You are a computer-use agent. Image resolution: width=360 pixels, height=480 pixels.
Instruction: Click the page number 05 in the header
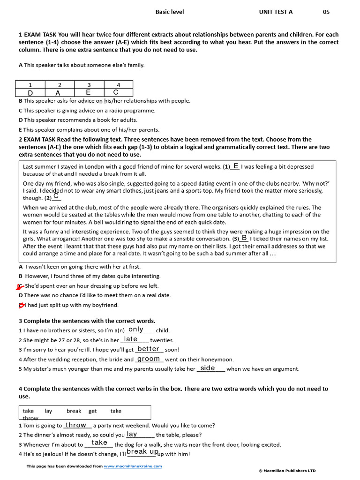[326, 12]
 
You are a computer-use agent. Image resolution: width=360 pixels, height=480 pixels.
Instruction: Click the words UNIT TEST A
[276, 12]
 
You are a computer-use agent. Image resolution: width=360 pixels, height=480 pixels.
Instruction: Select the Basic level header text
[170, 12]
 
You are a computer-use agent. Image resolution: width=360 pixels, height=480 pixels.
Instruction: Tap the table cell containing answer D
[30, 93]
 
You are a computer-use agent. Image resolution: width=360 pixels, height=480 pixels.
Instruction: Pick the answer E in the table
[88, 92]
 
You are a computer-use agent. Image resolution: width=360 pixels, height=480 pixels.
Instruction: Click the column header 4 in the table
[118, 85]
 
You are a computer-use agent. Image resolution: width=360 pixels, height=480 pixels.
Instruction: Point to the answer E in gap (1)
[236, 166]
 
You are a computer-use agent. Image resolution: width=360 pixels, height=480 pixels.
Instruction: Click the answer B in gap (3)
[244, 238]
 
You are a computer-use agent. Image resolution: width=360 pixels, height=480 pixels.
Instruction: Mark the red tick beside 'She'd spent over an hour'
[20, 286]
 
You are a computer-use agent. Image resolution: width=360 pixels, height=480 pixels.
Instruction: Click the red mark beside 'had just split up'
[22, 305]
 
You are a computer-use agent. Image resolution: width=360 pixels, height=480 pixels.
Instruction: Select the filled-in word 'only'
[135, 330]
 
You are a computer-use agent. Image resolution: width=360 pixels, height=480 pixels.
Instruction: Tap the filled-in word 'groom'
[149, 359]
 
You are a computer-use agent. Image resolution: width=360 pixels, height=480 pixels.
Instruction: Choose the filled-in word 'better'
[149, 349]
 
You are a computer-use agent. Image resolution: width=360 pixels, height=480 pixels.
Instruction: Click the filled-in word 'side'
[208, 368]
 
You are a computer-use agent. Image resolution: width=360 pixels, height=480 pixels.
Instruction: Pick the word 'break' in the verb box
[74, 411]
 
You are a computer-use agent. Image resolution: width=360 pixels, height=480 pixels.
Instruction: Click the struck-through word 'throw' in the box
[30, 418]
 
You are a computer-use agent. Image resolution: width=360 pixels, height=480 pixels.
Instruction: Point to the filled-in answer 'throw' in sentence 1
[76, 425]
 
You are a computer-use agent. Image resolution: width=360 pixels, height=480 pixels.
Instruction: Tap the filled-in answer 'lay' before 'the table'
[132, 434]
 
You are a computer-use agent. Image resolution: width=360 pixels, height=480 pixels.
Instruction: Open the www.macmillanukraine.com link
[133, 466]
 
